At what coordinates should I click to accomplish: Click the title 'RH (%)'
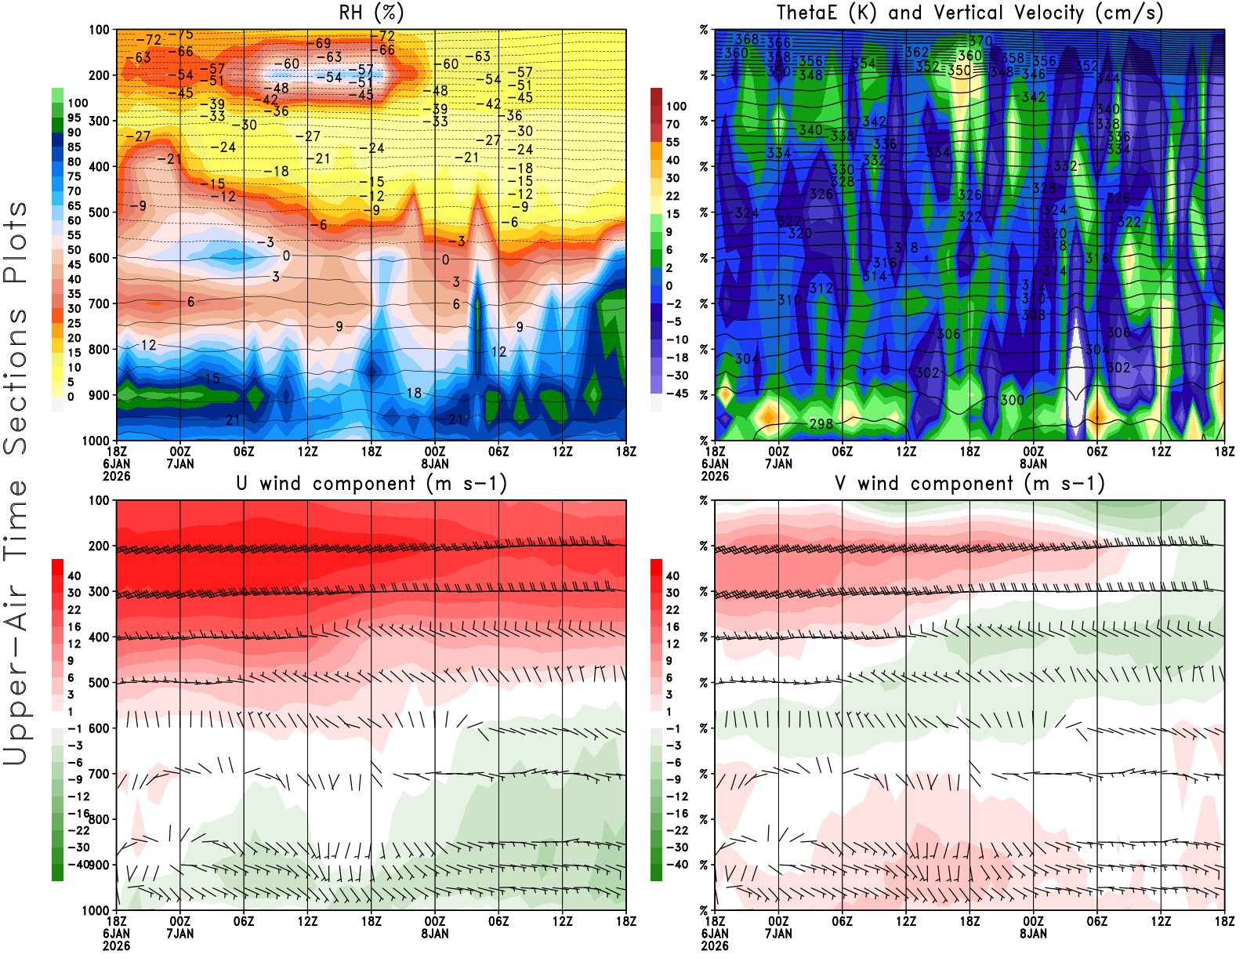click(x=371, y=13)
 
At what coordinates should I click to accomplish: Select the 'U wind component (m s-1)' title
click(x=371, y=483)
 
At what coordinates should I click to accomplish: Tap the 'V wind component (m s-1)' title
click(x=969, y=483)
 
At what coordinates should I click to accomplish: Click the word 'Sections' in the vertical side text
click(x=16, y=381)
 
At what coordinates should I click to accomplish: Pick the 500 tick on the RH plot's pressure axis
click(x=99, y=212)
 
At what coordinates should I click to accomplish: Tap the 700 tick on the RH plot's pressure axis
click(x=99, y=303)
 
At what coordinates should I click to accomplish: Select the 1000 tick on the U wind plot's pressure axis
click(x=96, y=910)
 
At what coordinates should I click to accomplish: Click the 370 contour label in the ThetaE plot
click(x=980, y=41)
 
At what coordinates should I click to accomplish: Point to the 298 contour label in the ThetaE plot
click(x=821, y=424)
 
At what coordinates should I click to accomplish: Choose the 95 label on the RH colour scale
click(x=74, y=118)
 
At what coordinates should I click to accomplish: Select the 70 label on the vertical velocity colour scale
click(x=672, y=124)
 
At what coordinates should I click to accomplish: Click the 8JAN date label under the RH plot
click(x=435, y=463)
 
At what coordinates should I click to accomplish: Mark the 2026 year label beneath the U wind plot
click(x=116, y=945)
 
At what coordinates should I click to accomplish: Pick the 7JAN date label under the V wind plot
click(x=778, y=934)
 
